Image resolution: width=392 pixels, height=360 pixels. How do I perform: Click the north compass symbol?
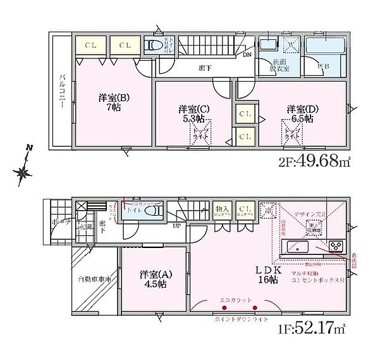coord(24,169)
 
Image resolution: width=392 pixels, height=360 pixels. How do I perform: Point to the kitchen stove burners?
coord(336,246)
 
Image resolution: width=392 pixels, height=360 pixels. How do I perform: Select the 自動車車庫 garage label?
coord(95,279)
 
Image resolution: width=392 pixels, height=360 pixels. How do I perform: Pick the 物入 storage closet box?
coord(223,210)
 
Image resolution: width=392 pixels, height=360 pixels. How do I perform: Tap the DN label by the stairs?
coord(246,55)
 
